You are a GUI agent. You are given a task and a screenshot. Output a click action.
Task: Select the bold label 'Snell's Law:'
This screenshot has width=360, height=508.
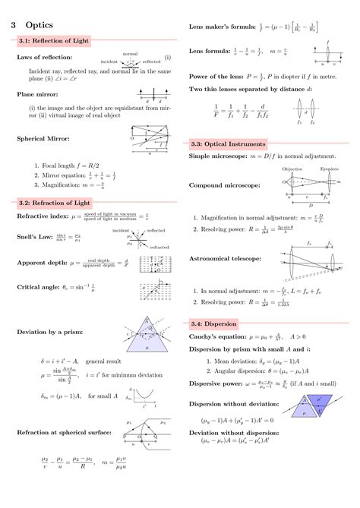coord(35,237)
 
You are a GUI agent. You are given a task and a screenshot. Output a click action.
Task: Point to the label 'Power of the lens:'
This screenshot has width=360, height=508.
coord(218,77)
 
